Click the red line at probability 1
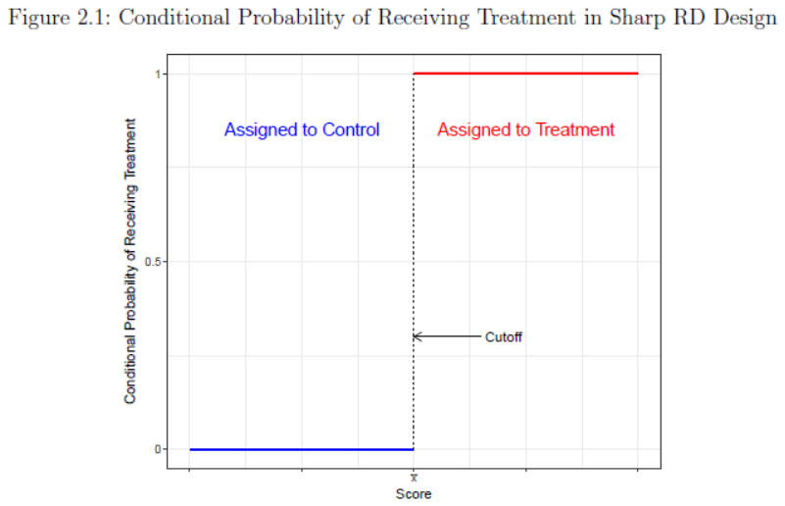(525, 74)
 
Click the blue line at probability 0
(302, 449)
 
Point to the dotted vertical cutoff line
(414, 216)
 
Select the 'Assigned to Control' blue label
(302, 129)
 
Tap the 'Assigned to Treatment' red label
(526, 129)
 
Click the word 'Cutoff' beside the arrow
(504, 336)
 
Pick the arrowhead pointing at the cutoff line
(417, 336)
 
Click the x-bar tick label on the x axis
(414, 478)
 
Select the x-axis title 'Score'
(414, 493)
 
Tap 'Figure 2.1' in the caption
(50, 20)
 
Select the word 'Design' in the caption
(743, 20)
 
